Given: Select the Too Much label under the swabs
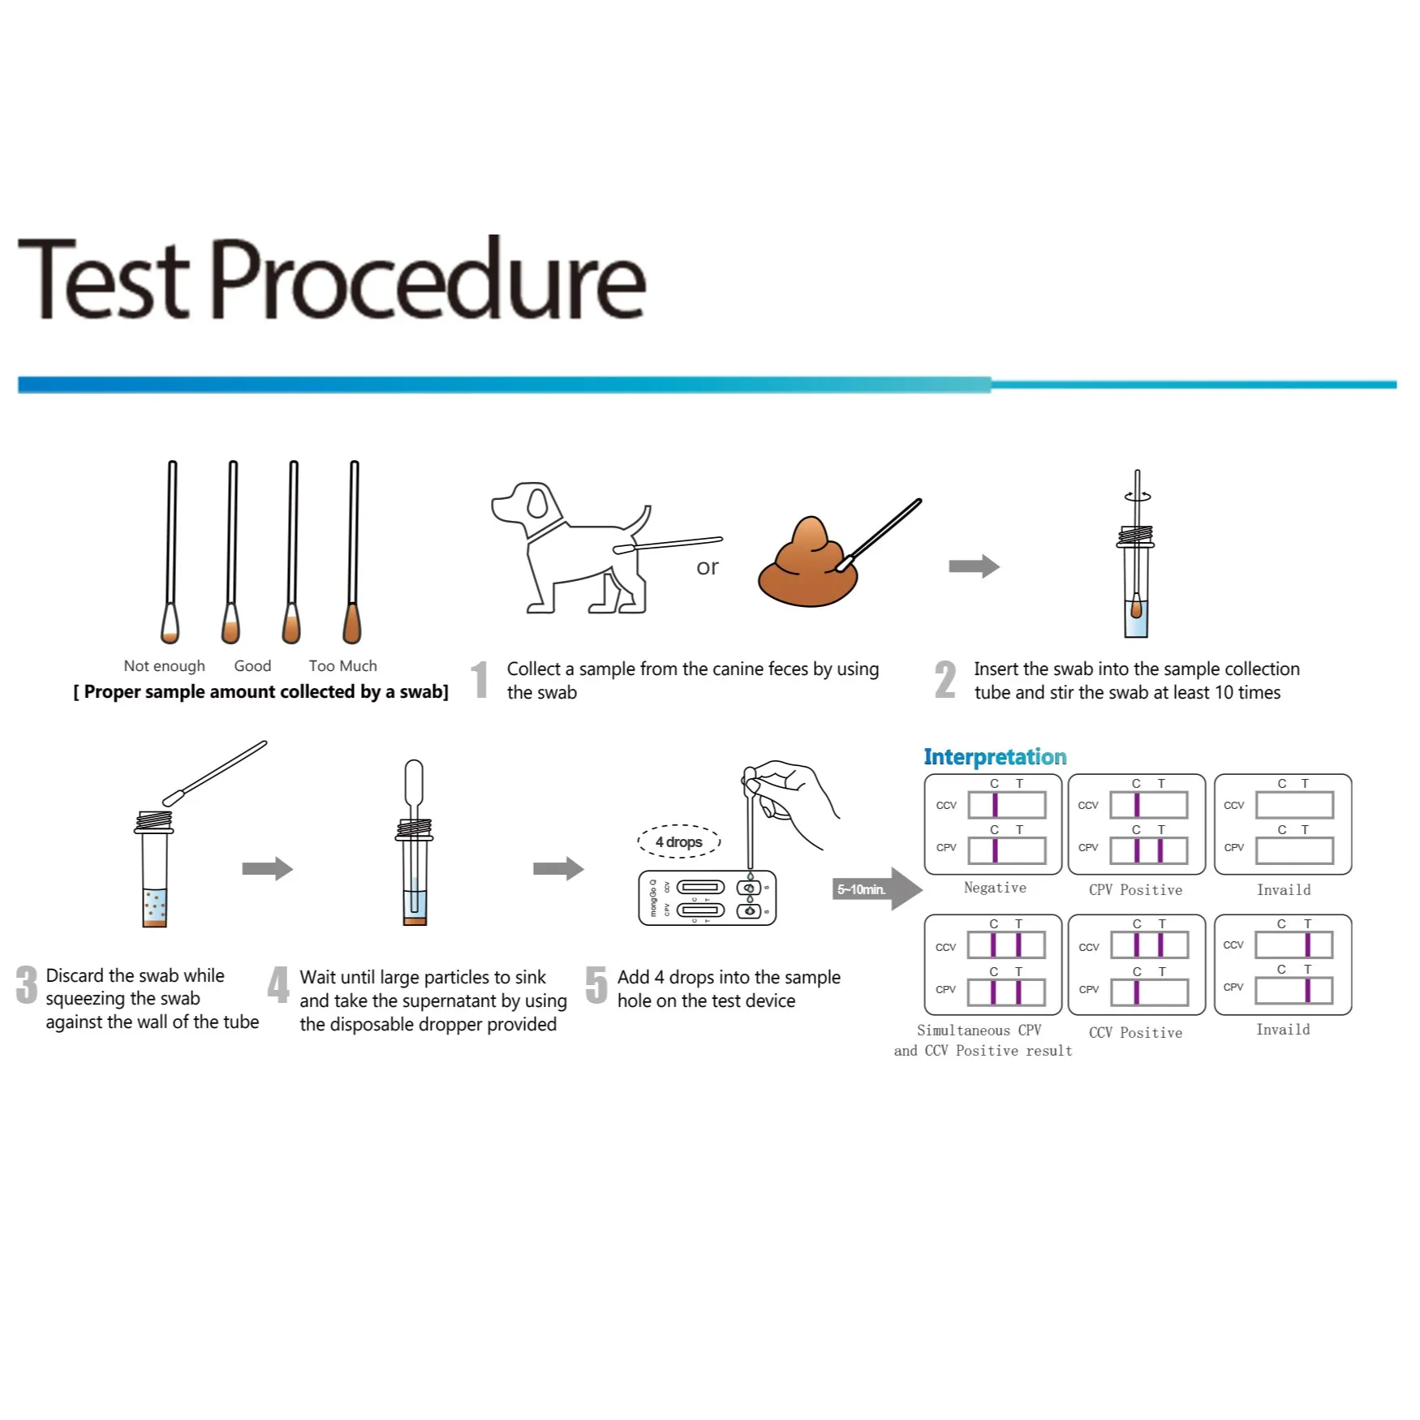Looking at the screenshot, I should pyautogui.click(x=342, y=666).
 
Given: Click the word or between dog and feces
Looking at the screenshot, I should pyautogui.click(x=707, y=567).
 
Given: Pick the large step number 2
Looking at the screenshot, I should pyautogui.click(x=945, y=680).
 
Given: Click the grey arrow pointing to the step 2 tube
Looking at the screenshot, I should pyautogui.click(x=974, y=566).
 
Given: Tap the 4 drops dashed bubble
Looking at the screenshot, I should pyautogui.click(x=679, y=841).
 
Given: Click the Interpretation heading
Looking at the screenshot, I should pyautogui.click(x=995, y=757).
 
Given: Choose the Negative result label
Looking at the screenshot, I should pyautogui.click(x=995, y=888).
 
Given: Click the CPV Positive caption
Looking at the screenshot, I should pyautogui.click(x=1135, y=890).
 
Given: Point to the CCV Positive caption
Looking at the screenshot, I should pyautogui.click(x=1135, y=1033).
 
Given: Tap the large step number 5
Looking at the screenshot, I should pyautogui.click(x=596, y=986).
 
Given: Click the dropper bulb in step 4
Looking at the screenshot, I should pyautogui.click(x=414, y=780).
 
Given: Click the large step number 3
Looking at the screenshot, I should pyautogui.click(x=27, y=986).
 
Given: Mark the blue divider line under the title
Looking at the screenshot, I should pyautogui.click(x=706, y=385).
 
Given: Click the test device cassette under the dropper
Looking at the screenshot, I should pyautogui.click(x=707, y=898).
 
